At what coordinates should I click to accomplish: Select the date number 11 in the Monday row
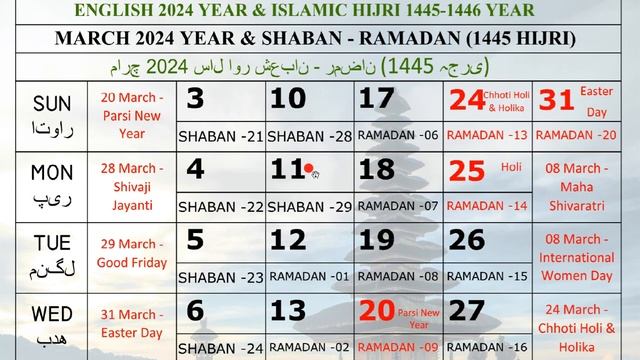[287, 169]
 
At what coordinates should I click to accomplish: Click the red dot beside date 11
[309, 169]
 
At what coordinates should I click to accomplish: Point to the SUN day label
[53, 104]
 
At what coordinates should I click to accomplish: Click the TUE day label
[53, 240]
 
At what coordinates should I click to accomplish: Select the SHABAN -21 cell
[219, 135]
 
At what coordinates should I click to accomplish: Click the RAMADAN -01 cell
[308, 276]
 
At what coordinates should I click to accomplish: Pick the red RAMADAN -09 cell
[397, 348]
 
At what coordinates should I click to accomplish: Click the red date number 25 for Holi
[466, 170]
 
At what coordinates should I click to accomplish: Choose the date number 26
[466, 240]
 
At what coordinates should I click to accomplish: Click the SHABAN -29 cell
[308, 207]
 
